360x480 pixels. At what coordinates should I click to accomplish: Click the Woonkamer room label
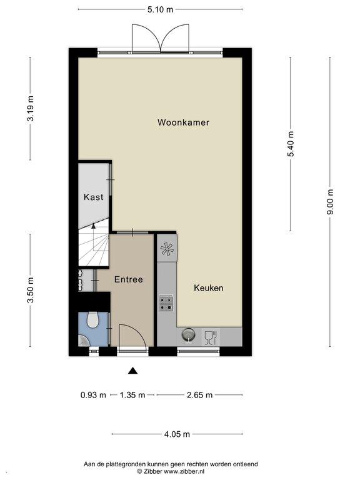tap(183, 122)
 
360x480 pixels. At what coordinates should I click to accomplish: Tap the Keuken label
tap(209, 287)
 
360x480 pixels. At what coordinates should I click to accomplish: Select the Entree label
tap(129, 279)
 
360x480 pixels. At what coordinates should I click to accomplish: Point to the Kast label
tap(93, 197)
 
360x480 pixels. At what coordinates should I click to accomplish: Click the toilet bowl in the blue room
tap(92, 320)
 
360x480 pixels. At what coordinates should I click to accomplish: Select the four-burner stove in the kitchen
tap(166, 303)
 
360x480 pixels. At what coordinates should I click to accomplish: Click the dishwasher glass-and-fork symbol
tap(211, 337)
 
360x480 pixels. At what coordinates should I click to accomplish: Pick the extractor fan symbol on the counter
tap(167, 249)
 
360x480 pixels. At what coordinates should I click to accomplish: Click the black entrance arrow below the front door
tap(132, 371)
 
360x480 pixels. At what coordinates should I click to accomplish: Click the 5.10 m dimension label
tap(160, 9)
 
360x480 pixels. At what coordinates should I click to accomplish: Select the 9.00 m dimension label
tap(330, 202)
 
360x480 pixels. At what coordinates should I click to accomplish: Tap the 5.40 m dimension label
tap(291, 144)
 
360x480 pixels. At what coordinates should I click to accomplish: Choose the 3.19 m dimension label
tap(30, 109)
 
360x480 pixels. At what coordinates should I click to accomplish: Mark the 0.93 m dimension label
tap(93, 395)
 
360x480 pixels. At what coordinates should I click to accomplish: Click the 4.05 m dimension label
tap(177, 434)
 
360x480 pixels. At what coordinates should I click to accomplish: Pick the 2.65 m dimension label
tap(199, 395)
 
